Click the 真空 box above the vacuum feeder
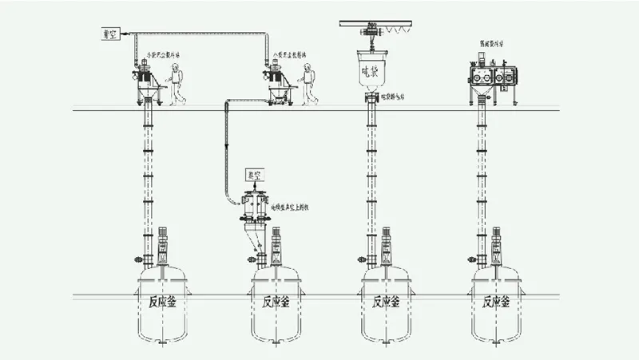[x=255, y=173]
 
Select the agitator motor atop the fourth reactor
[x=497, y=237]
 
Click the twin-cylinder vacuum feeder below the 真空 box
[x=255, y=206]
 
